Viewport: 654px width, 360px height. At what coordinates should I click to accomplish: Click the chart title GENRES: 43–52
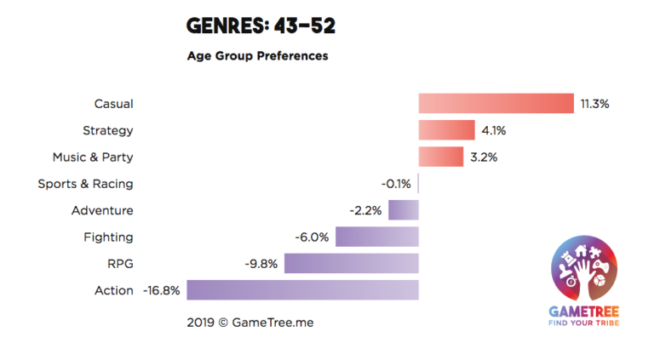click(x=261, y=26)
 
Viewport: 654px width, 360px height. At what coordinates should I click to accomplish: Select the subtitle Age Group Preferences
click(x=257, y=56)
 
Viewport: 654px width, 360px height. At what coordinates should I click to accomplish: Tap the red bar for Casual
click(x=496, y=104)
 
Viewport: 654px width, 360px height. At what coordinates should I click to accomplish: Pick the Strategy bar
click(x=446, y=130)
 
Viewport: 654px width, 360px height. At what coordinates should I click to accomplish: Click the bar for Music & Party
click(x=440, y=157)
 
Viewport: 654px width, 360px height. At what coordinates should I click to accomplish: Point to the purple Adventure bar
click(x=404, y=210)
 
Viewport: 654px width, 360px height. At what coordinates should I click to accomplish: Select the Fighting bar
click(x=376, y=237)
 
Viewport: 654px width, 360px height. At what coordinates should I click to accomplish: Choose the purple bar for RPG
click(x=351, y=264)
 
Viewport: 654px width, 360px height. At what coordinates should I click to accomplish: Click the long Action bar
click(x=302, y=290)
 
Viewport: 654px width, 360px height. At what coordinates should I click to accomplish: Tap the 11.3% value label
click(x=594, y=104)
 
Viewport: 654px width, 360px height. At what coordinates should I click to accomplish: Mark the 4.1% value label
click(x=495, y=131)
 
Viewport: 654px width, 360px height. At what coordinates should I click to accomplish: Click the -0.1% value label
click(x=396, y=184)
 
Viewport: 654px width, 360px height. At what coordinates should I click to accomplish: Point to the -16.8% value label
click(x=162, y=290)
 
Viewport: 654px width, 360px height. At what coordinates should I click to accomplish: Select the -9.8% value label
click(x=261, y=264)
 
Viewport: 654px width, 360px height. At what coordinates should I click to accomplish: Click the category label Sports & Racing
click(x=85, y=184)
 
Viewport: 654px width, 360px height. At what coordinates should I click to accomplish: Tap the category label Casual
click(x=113, y=104)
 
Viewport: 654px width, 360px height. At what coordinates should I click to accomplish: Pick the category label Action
click(x=114, y=290)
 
